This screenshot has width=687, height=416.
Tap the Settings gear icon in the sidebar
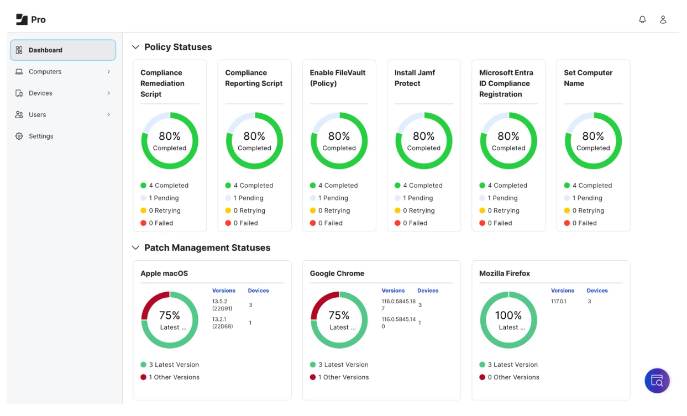click(19, 136)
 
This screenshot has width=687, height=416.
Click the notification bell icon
click(642, 19)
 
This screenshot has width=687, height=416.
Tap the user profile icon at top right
click(663, 19)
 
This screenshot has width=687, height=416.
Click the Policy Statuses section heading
click(178, 48)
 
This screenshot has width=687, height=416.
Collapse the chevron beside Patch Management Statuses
click(135, 248)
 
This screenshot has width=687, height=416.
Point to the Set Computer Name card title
click(588, 78)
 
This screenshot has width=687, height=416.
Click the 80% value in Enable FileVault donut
click(339, 136)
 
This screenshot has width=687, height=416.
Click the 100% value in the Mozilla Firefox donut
click(508, 315)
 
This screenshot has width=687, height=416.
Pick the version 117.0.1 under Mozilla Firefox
click(559, 302)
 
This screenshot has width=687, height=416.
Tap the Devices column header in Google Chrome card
click(427, 291)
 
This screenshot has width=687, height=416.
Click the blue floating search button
click(657, 381)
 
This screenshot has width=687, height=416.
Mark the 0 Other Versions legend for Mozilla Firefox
click(513, 377)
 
